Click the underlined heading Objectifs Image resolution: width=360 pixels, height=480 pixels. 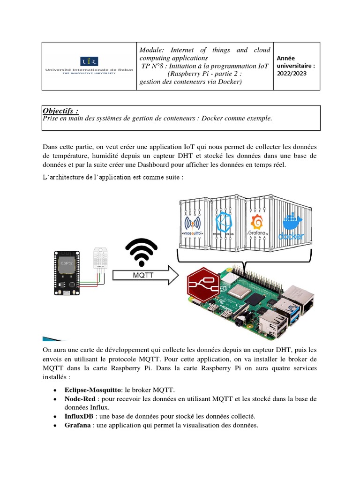pos(61,111)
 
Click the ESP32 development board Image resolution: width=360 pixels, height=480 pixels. pos(67,274)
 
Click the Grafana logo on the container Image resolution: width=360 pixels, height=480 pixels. pos(257,225)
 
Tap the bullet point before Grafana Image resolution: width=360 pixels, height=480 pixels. pos(55,426)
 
